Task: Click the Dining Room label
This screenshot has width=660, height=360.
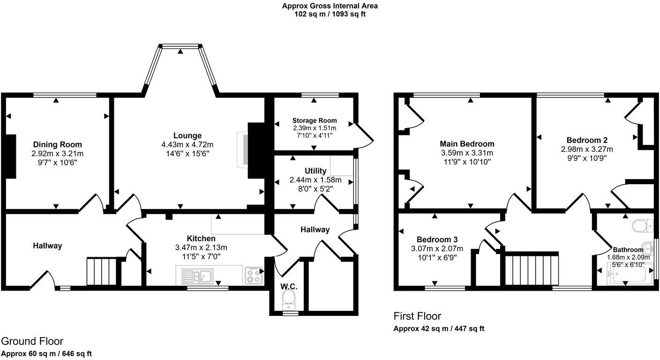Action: [57, 144]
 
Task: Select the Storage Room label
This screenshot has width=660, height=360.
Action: [315, 120]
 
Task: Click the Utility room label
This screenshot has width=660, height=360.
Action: [315, 171]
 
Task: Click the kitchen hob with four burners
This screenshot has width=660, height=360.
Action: [254, 275]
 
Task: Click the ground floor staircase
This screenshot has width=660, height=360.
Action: [101, 271]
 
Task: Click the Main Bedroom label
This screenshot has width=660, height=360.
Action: [467, 144]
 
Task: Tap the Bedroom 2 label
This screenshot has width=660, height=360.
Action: [587, 140]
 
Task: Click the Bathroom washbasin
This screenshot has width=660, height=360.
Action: [648, 247]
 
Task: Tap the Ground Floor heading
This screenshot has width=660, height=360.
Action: [32, 341]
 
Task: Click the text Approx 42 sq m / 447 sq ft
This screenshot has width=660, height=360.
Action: [439, 329]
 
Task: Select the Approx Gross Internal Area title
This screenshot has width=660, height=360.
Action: [330, 6]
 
